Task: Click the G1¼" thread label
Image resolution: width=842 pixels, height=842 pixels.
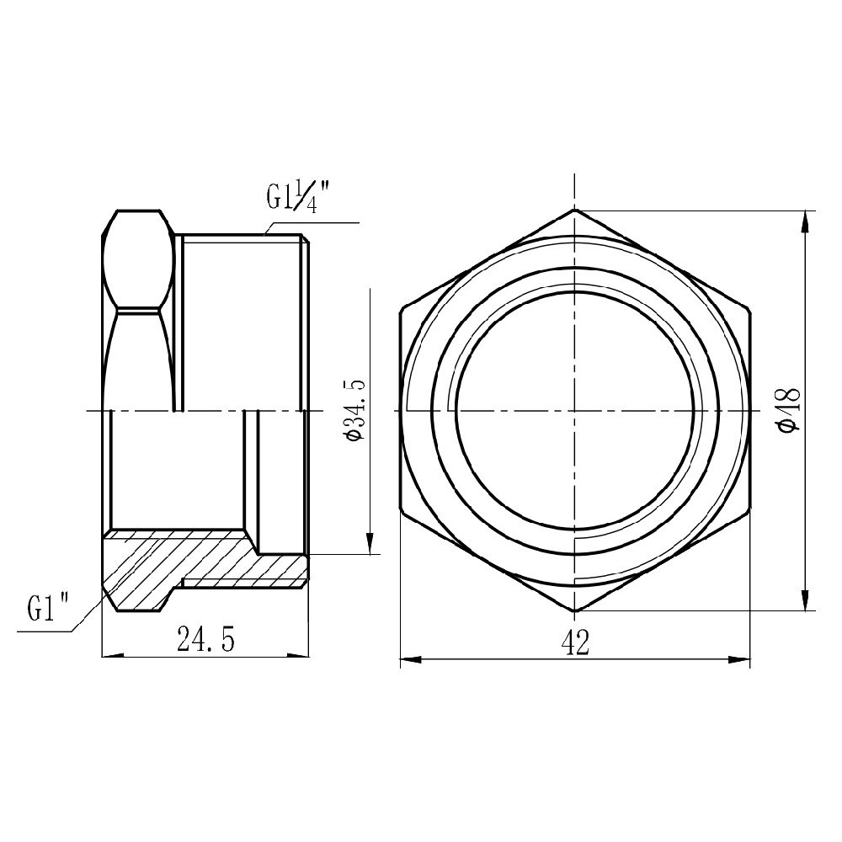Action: (x=297, y=200)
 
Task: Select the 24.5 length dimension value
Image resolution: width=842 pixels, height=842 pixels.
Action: (x=205, y=641)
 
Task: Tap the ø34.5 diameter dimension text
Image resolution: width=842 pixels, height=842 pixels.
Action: (x=354, y=409)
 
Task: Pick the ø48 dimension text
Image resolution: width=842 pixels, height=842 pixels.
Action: (x=789, y=410)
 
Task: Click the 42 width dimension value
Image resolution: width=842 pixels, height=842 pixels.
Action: (x=574, y=643)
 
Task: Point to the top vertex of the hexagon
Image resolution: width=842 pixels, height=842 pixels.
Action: (x=574, y=209)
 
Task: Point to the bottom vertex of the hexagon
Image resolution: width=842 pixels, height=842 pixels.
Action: (x=574, y=611)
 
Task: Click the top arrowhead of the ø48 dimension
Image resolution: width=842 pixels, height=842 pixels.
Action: (x=807, y=221)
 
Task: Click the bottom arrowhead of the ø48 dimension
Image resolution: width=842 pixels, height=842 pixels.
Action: (x=807, y=600)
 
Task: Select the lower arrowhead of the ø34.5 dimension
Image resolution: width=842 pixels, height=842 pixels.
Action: (x=369, y=543)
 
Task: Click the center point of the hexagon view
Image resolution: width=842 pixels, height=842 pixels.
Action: (x=574, y=410)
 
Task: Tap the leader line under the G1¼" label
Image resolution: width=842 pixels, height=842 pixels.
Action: (x=312, y=223)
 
